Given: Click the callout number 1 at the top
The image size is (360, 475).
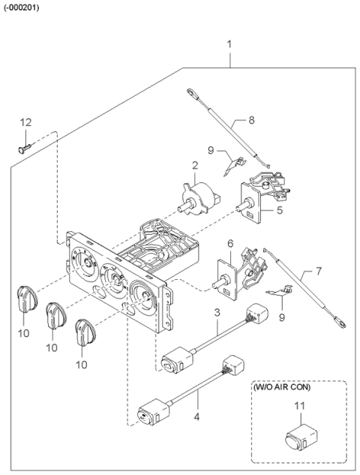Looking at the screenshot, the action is click(x=229, y=44).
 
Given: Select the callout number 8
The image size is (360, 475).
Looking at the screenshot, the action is click(x=251, y=120).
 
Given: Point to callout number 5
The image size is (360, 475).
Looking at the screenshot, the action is click(x=279, y=209).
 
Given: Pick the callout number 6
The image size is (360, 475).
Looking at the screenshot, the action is click(x=230, y=244).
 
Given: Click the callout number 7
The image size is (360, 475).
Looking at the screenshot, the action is click(x=319, y=271).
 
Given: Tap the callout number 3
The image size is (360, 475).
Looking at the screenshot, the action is click(x=217, y=312).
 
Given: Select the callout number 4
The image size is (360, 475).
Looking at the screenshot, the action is click(x=196, y=417).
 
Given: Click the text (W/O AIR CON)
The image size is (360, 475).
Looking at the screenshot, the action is click(x=281, y=387).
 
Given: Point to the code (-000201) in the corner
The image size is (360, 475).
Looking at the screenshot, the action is click(x=21, y=8).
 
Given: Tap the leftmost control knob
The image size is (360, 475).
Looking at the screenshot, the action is click(x=27, y=299).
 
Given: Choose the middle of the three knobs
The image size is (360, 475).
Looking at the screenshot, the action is click(x=55, y=314).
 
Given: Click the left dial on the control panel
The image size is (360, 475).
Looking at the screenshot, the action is click(x=84, y=262).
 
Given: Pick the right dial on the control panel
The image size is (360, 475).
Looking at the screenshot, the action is click(x=142, y=296).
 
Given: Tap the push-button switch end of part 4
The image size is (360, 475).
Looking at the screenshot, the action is click(x=154, y=412).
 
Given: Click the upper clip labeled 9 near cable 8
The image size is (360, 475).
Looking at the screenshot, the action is click(x=235, y=165).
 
